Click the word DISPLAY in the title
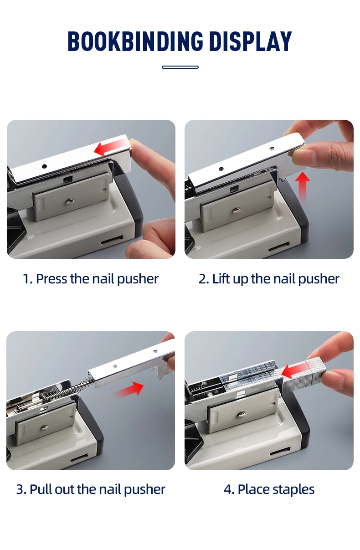pos(250,42)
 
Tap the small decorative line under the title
pos(180,67)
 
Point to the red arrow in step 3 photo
pos(129,390)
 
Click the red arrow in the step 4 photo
pos(297,370)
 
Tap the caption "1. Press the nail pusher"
pos(91,279)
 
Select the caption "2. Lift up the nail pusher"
pos(269,279)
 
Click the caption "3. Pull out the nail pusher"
pos(91,489)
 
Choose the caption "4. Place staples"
pos(269,489)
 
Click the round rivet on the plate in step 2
pos(237,210)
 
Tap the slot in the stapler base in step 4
pos(280,452)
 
